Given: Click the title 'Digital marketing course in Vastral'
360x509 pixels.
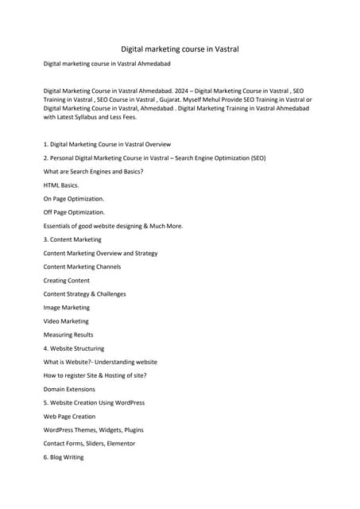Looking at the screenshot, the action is (x=180, y=49).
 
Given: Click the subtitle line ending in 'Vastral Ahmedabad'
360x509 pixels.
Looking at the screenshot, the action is (x=106, y=64).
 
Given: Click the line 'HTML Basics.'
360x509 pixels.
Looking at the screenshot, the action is (x=61, y=185).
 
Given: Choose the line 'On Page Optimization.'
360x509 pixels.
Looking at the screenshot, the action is (x=74, y=199).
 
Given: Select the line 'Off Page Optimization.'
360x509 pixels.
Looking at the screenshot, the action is (x=74, y=212).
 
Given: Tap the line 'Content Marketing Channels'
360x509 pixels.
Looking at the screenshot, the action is (x=83, y=266).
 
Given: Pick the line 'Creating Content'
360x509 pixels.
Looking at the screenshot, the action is (x=67, y=281).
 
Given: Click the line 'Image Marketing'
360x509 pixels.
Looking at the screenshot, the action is (x=67, y=307).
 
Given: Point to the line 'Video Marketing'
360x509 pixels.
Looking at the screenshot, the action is (x=66, y=321).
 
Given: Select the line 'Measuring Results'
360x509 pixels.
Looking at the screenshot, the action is (x=68, y=335).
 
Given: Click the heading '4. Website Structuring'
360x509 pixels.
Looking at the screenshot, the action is (x=74, y=348).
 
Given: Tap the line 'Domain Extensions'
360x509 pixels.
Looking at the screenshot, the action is (x=70, y=389).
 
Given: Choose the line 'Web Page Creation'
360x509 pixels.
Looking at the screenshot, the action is (x=70, y=416).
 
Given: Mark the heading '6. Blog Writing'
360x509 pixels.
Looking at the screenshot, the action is (x=64, y=457).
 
